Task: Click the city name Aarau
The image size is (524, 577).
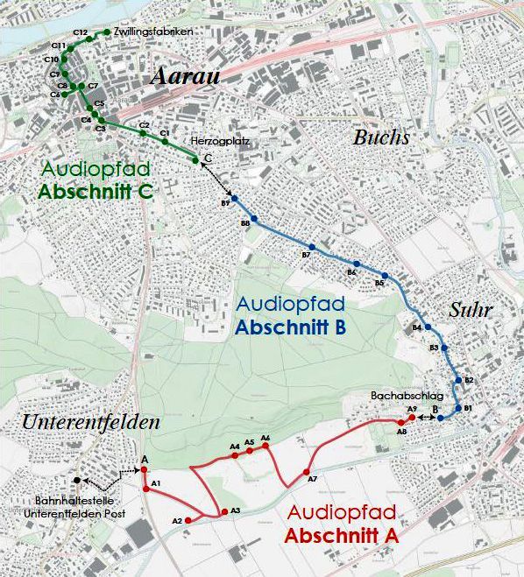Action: pyautogui.click(x=184, y=76)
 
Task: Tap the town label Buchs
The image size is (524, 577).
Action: pyautogui.click(x=381, y=137)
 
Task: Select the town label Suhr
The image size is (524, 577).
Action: pyautogui.click(x=471, y=310)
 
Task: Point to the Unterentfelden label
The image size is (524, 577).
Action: pyautogui.click(x=91, y=422)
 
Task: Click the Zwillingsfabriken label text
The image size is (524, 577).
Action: pyautogui.click(x=152, y=32)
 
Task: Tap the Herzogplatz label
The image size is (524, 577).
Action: pyautogui.click(x=214, y=141)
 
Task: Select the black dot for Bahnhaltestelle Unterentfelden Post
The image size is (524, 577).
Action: pyautogui.click(x=77, y=480)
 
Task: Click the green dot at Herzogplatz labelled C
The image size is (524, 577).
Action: pyautogui.click(x=195, y=159)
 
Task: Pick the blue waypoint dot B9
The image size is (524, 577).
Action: pyautogui.click(x=234, y=200)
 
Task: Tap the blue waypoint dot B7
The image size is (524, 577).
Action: pyautogui.click(x=311, y=247)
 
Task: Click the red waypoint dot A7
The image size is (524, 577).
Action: pyautogui.click(x=307, y=473)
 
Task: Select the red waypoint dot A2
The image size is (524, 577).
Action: pyautogui.click(x=188, y=520)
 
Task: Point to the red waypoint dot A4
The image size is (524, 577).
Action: pyautogui.click(x=235, y=454)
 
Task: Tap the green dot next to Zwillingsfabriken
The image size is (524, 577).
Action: pyautogui.click(x=107, y=32)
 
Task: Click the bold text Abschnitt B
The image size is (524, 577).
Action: pyautogui.click(x=292, y=327)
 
